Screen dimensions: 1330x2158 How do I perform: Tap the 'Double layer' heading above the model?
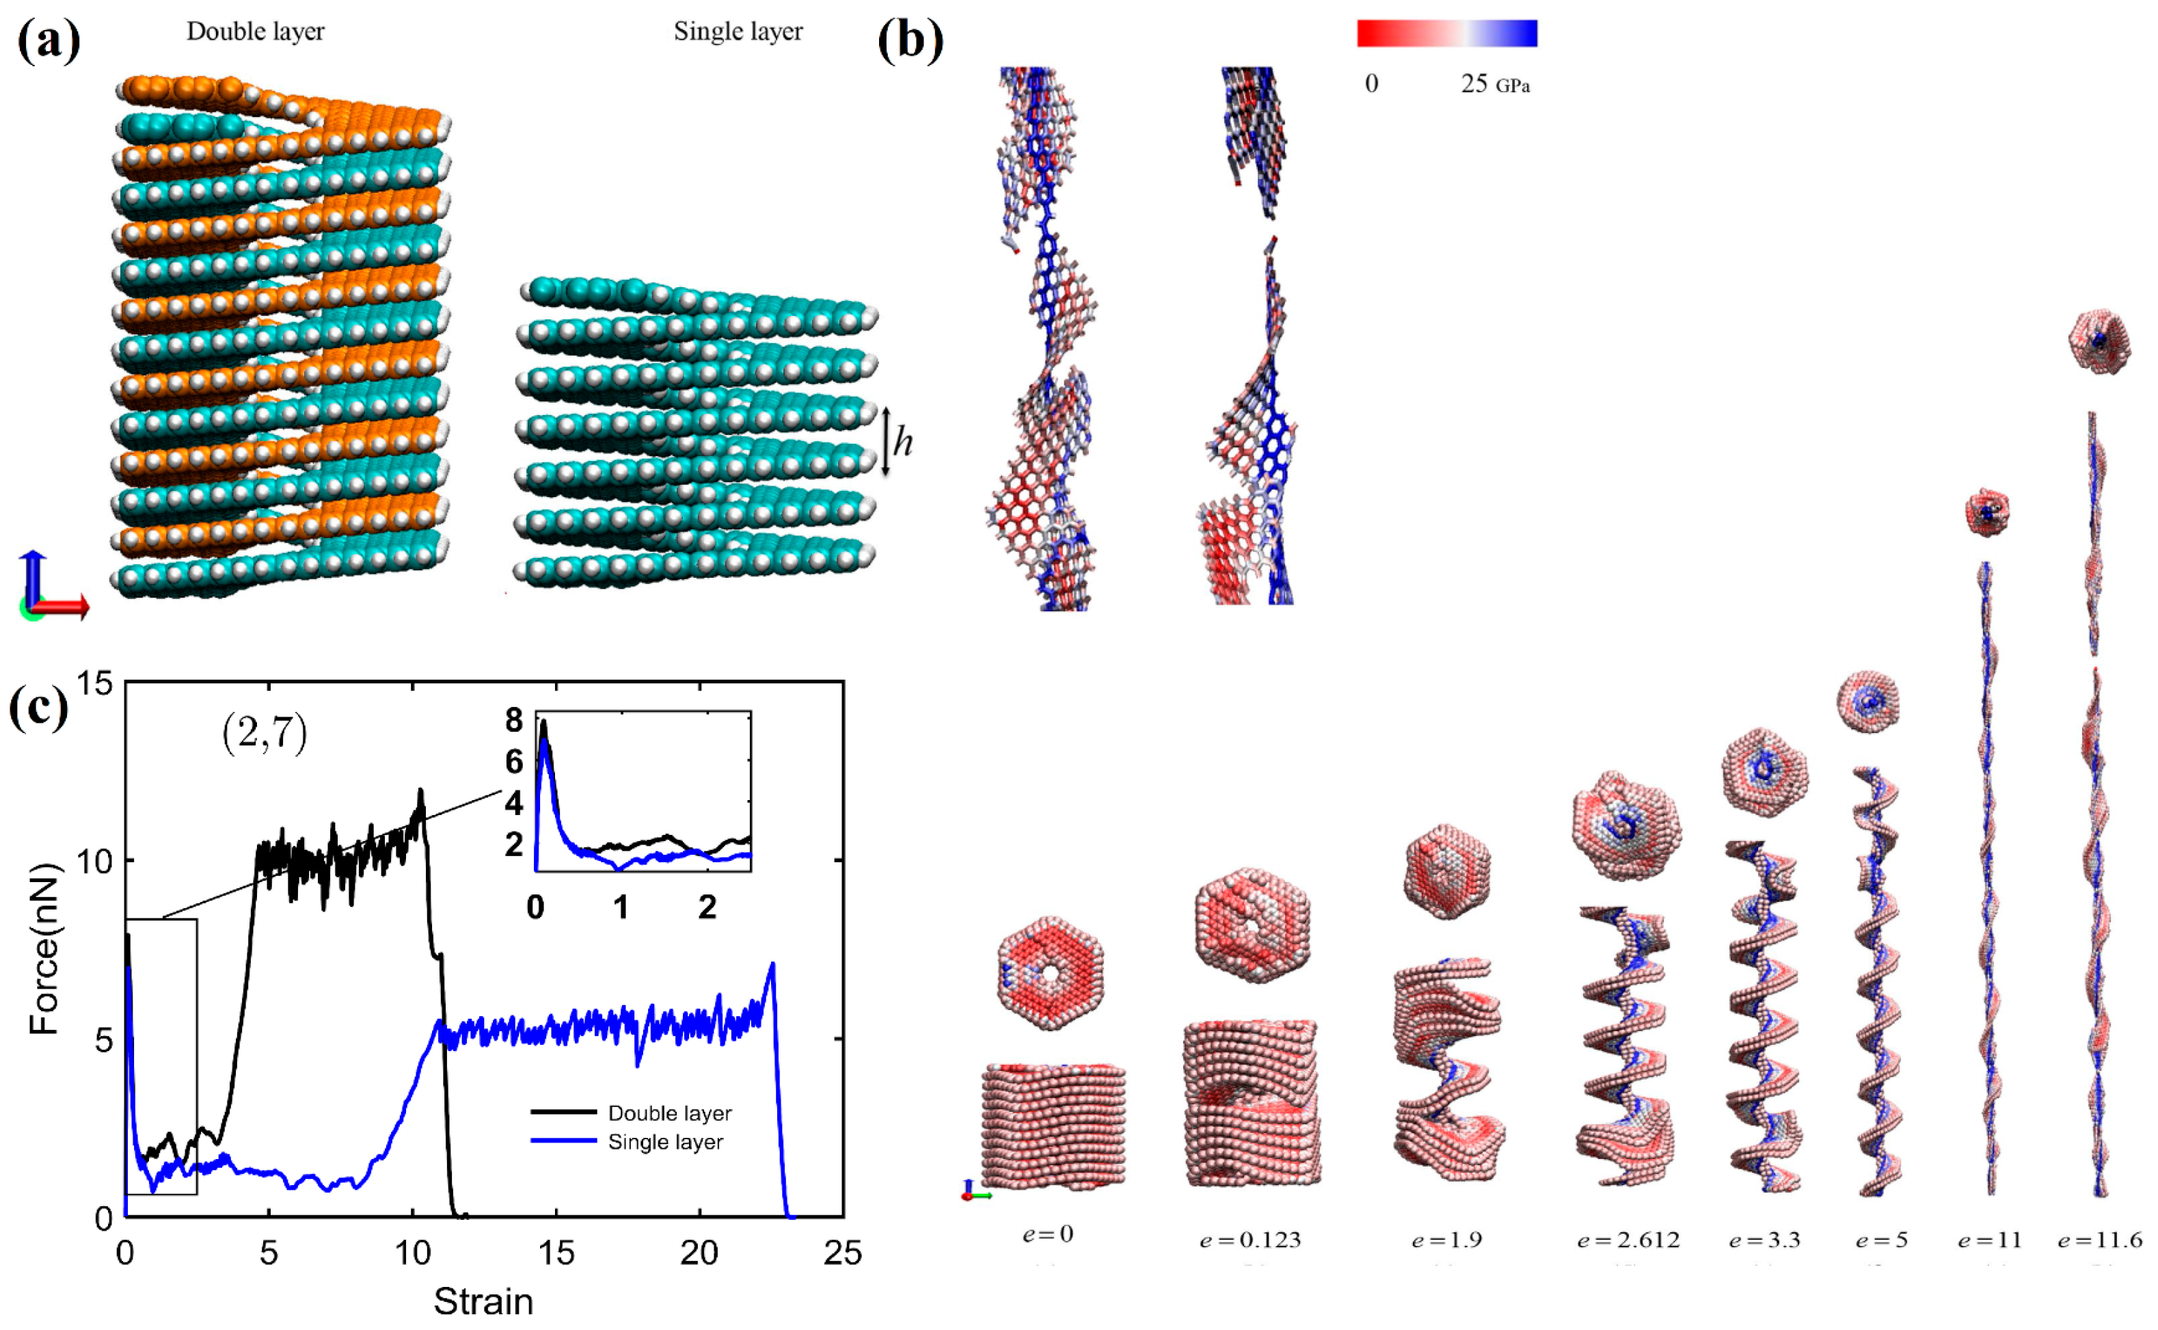click(x=255, y=31)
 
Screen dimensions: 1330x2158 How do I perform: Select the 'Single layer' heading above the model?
click(x=738, y=31)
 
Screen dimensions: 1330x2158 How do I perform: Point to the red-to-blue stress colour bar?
click(x=1446, y=33)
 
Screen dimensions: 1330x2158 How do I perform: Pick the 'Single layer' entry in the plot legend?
click(x=665, y=1142)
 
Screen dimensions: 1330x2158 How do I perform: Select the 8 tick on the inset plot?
click(x=513, y=721)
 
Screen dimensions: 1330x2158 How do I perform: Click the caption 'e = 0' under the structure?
click(x=1047, y=1234)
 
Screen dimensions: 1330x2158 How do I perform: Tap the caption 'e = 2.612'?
click(x=1628, y=1240)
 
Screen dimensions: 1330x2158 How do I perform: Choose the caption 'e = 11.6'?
click(x=2100, y=1240)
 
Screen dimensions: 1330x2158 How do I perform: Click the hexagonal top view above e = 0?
click(x=1051, y=970)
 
